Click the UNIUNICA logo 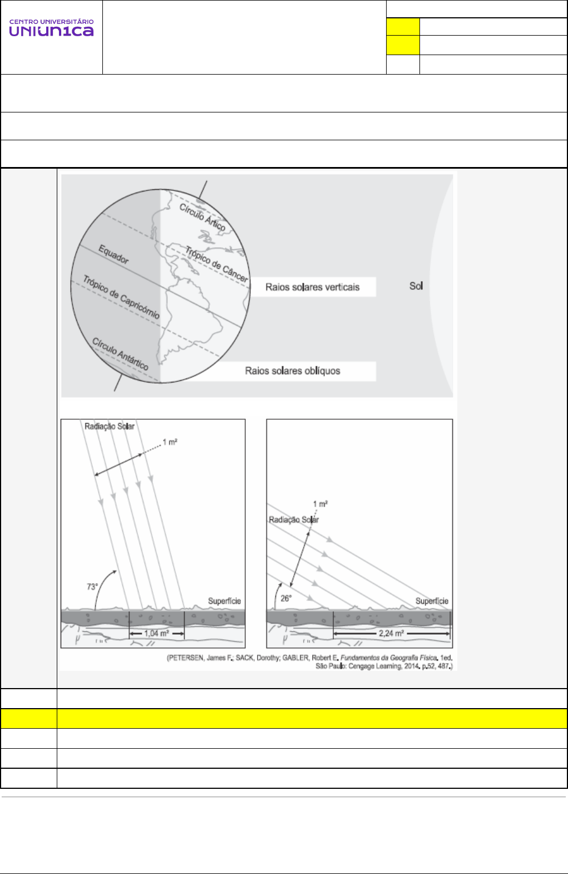(x=51, y=28)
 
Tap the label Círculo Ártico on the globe (x=202, y=217)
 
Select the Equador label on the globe (x=113, y=254)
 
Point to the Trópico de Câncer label (x=217, y=263)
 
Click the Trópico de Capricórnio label (x=121, y=297)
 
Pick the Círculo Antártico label (x=120, y=354)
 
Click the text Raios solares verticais (x=312, y=287)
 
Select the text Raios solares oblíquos (x=293, y=371)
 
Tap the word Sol (x=416, y=286)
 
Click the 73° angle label (x=92, y=587)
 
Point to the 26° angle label (x=286, y=598)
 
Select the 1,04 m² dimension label (x=156, y=634)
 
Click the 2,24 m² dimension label (x=391, y=634)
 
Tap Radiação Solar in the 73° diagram (x=110, y=426)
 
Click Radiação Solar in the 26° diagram (x=294, y=520)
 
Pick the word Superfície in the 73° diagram (x=224, y=601)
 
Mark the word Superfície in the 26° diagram (x=432, y=601)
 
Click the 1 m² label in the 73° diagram (x=170, y=443)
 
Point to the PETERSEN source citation (x=310, y=662)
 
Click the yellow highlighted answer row (x=312, y=719)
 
